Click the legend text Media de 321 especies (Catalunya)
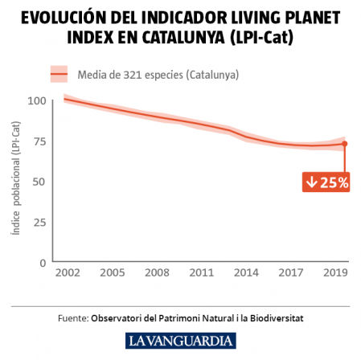(x=158, y=75)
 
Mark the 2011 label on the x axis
(x=200, y=273)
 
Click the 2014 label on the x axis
(x=245, y=273)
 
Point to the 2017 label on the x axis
(x=290, y=273)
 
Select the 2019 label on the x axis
(x=335, y=273)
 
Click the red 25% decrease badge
(x=326, y=182)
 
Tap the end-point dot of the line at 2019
(x=344, y=144)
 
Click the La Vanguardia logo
(x=181, y=340)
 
